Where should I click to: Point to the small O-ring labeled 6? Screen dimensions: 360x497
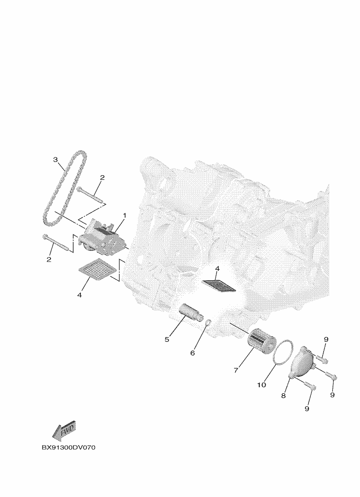208,323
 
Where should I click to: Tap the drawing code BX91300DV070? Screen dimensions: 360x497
68,447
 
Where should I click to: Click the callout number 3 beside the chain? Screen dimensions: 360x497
55,159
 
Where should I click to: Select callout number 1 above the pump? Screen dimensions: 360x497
124,215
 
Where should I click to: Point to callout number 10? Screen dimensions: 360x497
262,385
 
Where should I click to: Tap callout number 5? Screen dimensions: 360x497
167,340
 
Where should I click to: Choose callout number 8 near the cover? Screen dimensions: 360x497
283,396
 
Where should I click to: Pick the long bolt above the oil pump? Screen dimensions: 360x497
90,195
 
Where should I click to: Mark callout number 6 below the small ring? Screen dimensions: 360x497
193,353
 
